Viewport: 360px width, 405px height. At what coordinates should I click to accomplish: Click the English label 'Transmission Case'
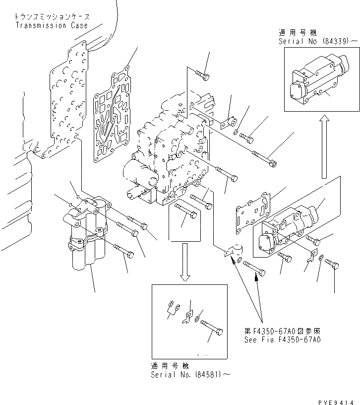[52, 25]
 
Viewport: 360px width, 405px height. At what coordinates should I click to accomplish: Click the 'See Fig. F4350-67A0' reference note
[283, 340]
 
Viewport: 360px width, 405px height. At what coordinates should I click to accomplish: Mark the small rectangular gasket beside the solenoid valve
[252, 211]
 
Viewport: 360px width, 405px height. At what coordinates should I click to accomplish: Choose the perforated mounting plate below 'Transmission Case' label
[66, 99]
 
